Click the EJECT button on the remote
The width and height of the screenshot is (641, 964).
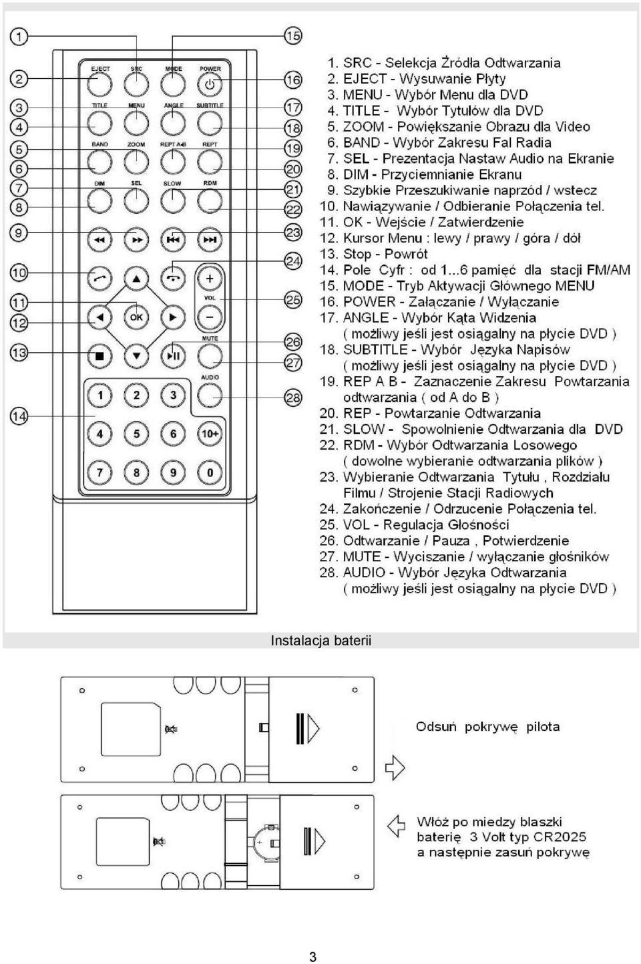pyautogui.click(x=99, y=84)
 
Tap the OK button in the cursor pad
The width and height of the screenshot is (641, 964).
pyautogui.click(x=136, y=317)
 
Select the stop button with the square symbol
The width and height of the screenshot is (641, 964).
pyautogui.click(x=99, y=356)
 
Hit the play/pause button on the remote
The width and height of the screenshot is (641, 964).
pyautogui.click(x=173, y=356)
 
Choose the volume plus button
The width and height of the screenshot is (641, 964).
pyautogui.click(x=210, y=279)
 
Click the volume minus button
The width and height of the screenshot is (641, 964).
pyautogui.click(x=210, y=317)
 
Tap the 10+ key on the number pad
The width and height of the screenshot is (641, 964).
pyautogui.click(x=210, y=434)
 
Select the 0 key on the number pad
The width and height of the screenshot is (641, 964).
pyautogui.click(x=210, y=472)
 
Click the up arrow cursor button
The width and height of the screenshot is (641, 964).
pyautogui.click(x=136, y=279)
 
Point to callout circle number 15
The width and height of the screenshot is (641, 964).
pyautogui.click(x=293, y=35)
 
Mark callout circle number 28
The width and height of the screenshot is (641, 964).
pyautogui.click(x=293, y=397)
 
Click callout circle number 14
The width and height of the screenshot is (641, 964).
pyautogui.click(x=19, y=416)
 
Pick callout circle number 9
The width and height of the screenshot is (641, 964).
pyautogui.click(x=19, y=233)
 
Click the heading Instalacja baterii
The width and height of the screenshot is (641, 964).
pyautogui.click(x=321, y=641)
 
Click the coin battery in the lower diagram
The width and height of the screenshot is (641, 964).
pyautogui.click(x=262, y=840)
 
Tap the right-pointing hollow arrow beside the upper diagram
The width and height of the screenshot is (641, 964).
pyautogui.click(x=395, y=768)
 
